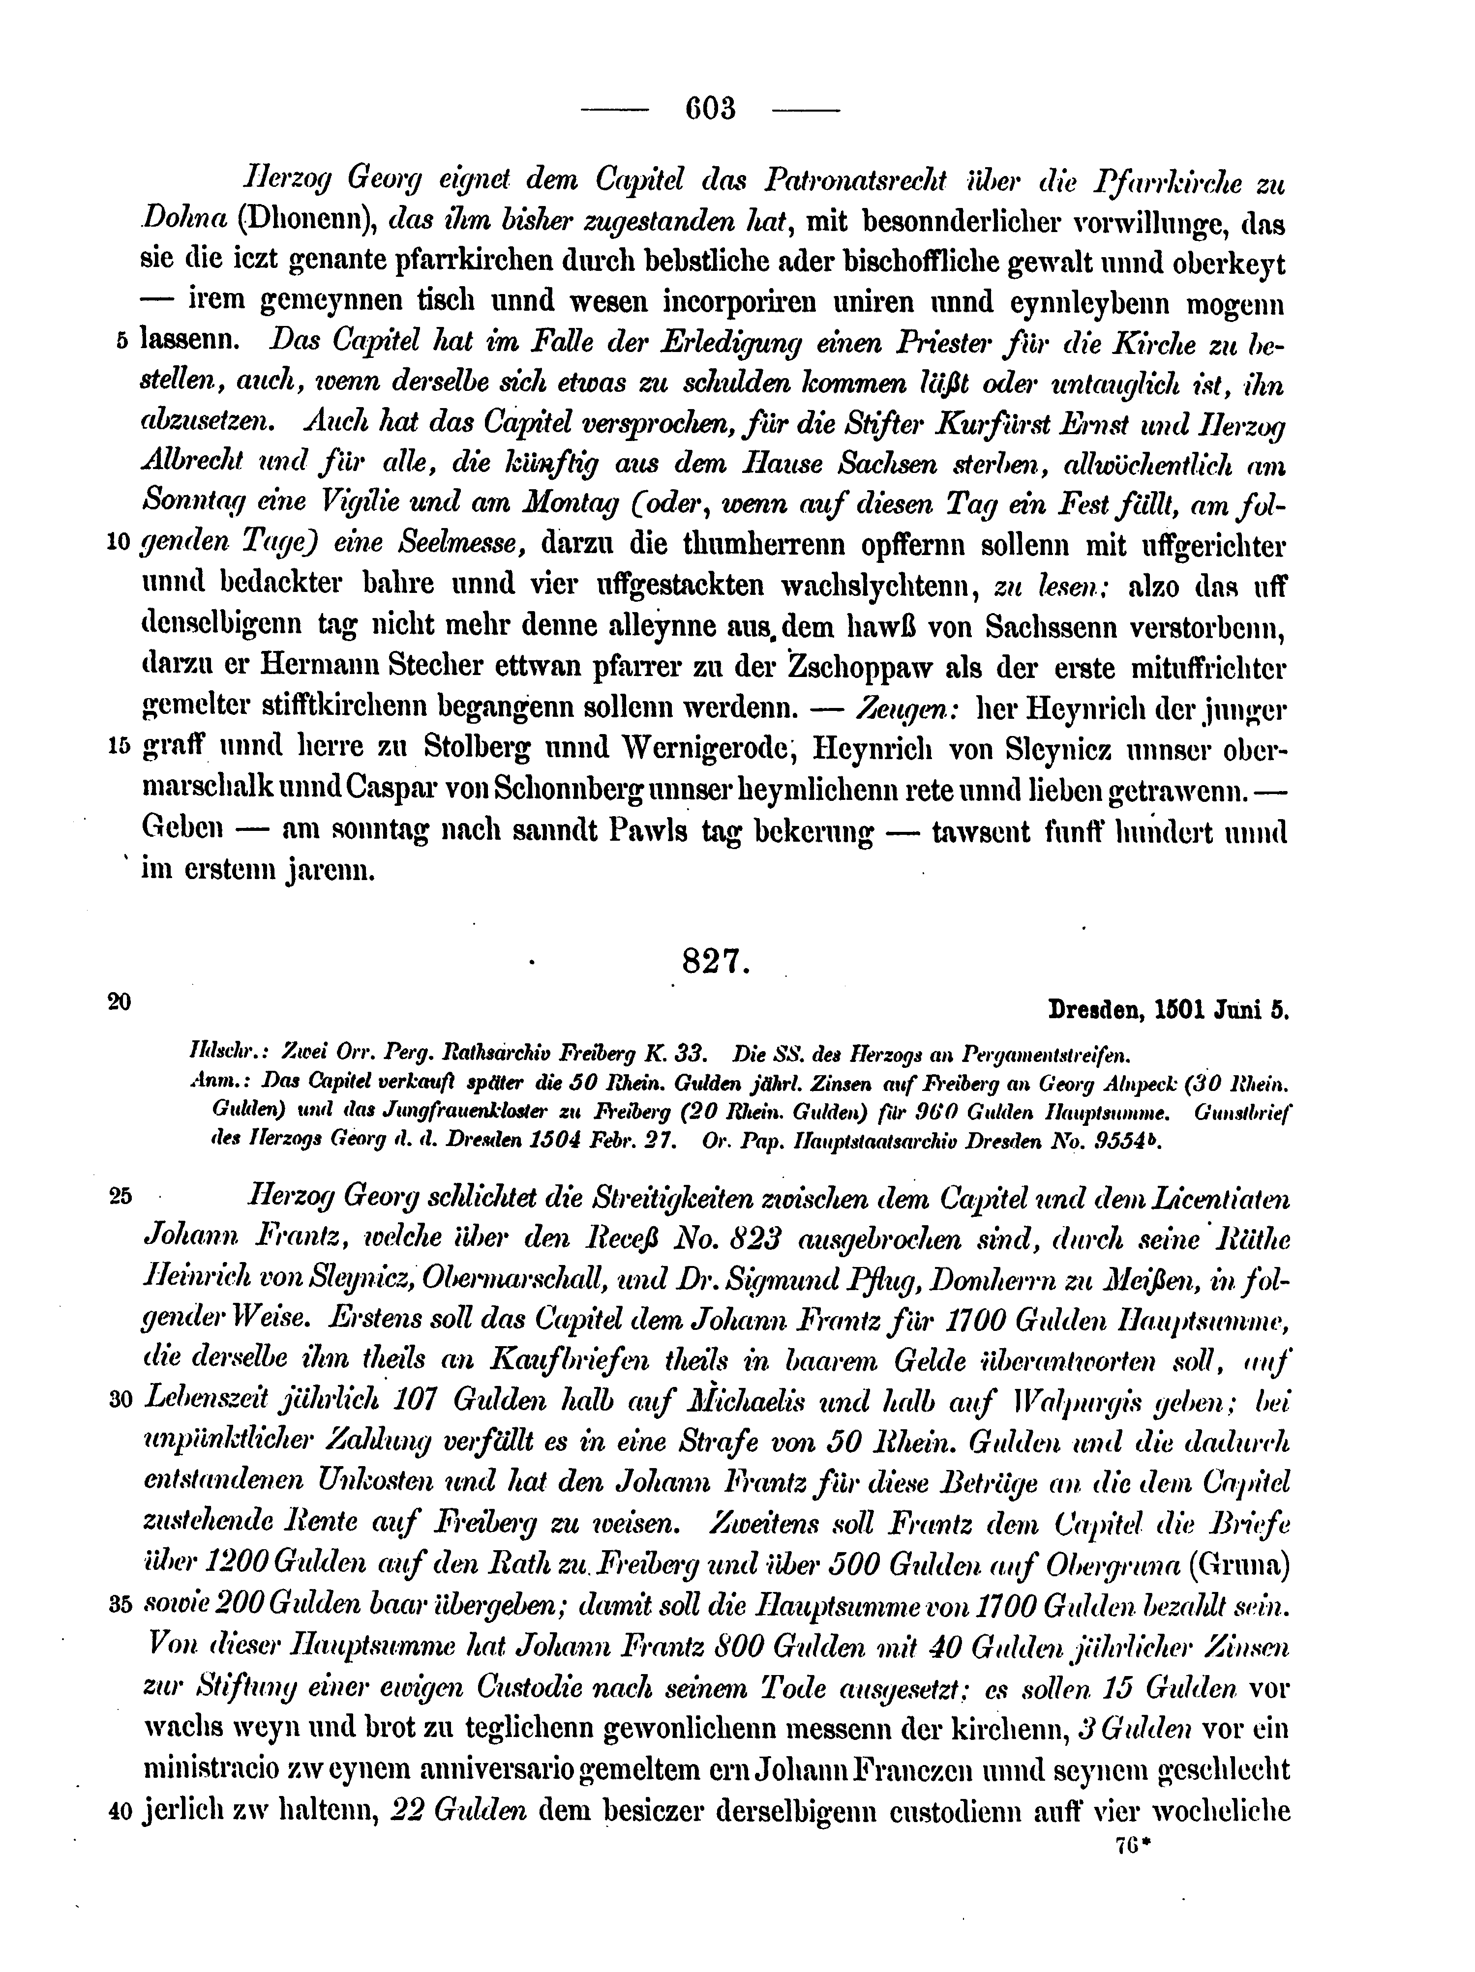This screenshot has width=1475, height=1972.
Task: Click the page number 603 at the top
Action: click(711, 109)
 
